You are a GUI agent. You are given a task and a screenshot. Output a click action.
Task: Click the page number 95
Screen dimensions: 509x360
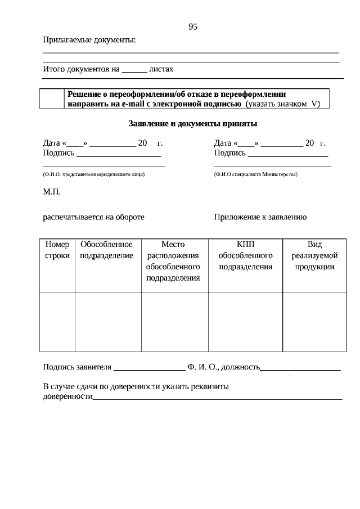click(x=193, y=26)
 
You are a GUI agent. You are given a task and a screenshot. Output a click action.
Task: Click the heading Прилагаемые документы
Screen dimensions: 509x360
click(x=89, y=40)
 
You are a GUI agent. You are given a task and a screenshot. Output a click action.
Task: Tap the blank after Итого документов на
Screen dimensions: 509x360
click(x=134, y=70)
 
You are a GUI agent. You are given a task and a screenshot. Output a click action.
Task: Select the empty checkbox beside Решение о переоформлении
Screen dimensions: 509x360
click(x=52, y=98)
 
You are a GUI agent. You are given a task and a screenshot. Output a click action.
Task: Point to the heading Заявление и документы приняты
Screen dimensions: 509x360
click(x=193, y=123)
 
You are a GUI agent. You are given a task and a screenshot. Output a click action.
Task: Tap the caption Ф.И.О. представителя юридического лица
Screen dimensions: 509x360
click(x=94, y=175)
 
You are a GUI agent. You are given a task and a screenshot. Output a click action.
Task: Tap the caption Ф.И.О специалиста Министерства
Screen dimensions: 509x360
click(x=256, y=175)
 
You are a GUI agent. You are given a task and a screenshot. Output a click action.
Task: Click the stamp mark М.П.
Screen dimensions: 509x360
click(x=52, y=192)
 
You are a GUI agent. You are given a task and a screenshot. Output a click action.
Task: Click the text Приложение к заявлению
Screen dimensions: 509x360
click(x=260, y=217)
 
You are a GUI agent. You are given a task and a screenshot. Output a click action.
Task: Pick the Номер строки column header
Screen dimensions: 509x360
click(x=57, y=250)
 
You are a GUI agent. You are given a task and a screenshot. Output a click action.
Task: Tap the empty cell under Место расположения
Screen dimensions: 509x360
click(x=174, y=322)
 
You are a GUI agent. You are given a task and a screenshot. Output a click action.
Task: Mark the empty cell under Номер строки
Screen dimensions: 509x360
click(x=57, y=322)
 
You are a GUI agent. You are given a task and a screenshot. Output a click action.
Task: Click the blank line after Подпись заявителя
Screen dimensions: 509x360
click(x=150, y=369)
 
